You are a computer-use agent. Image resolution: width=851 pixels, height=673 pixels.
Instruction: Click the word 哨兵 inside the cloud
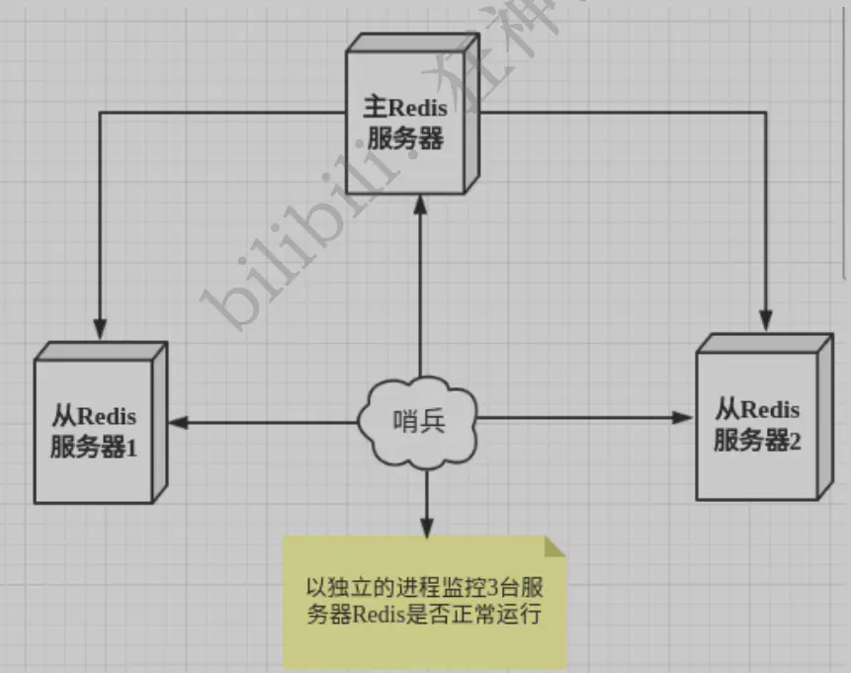click(420, 422)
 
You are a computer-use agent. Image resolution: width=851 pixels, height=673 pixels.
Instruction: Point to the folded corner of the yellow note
click(556, 547)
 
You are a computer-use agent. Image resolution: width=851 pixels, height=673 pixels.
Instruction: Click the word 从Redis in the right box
click(758, 407)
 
